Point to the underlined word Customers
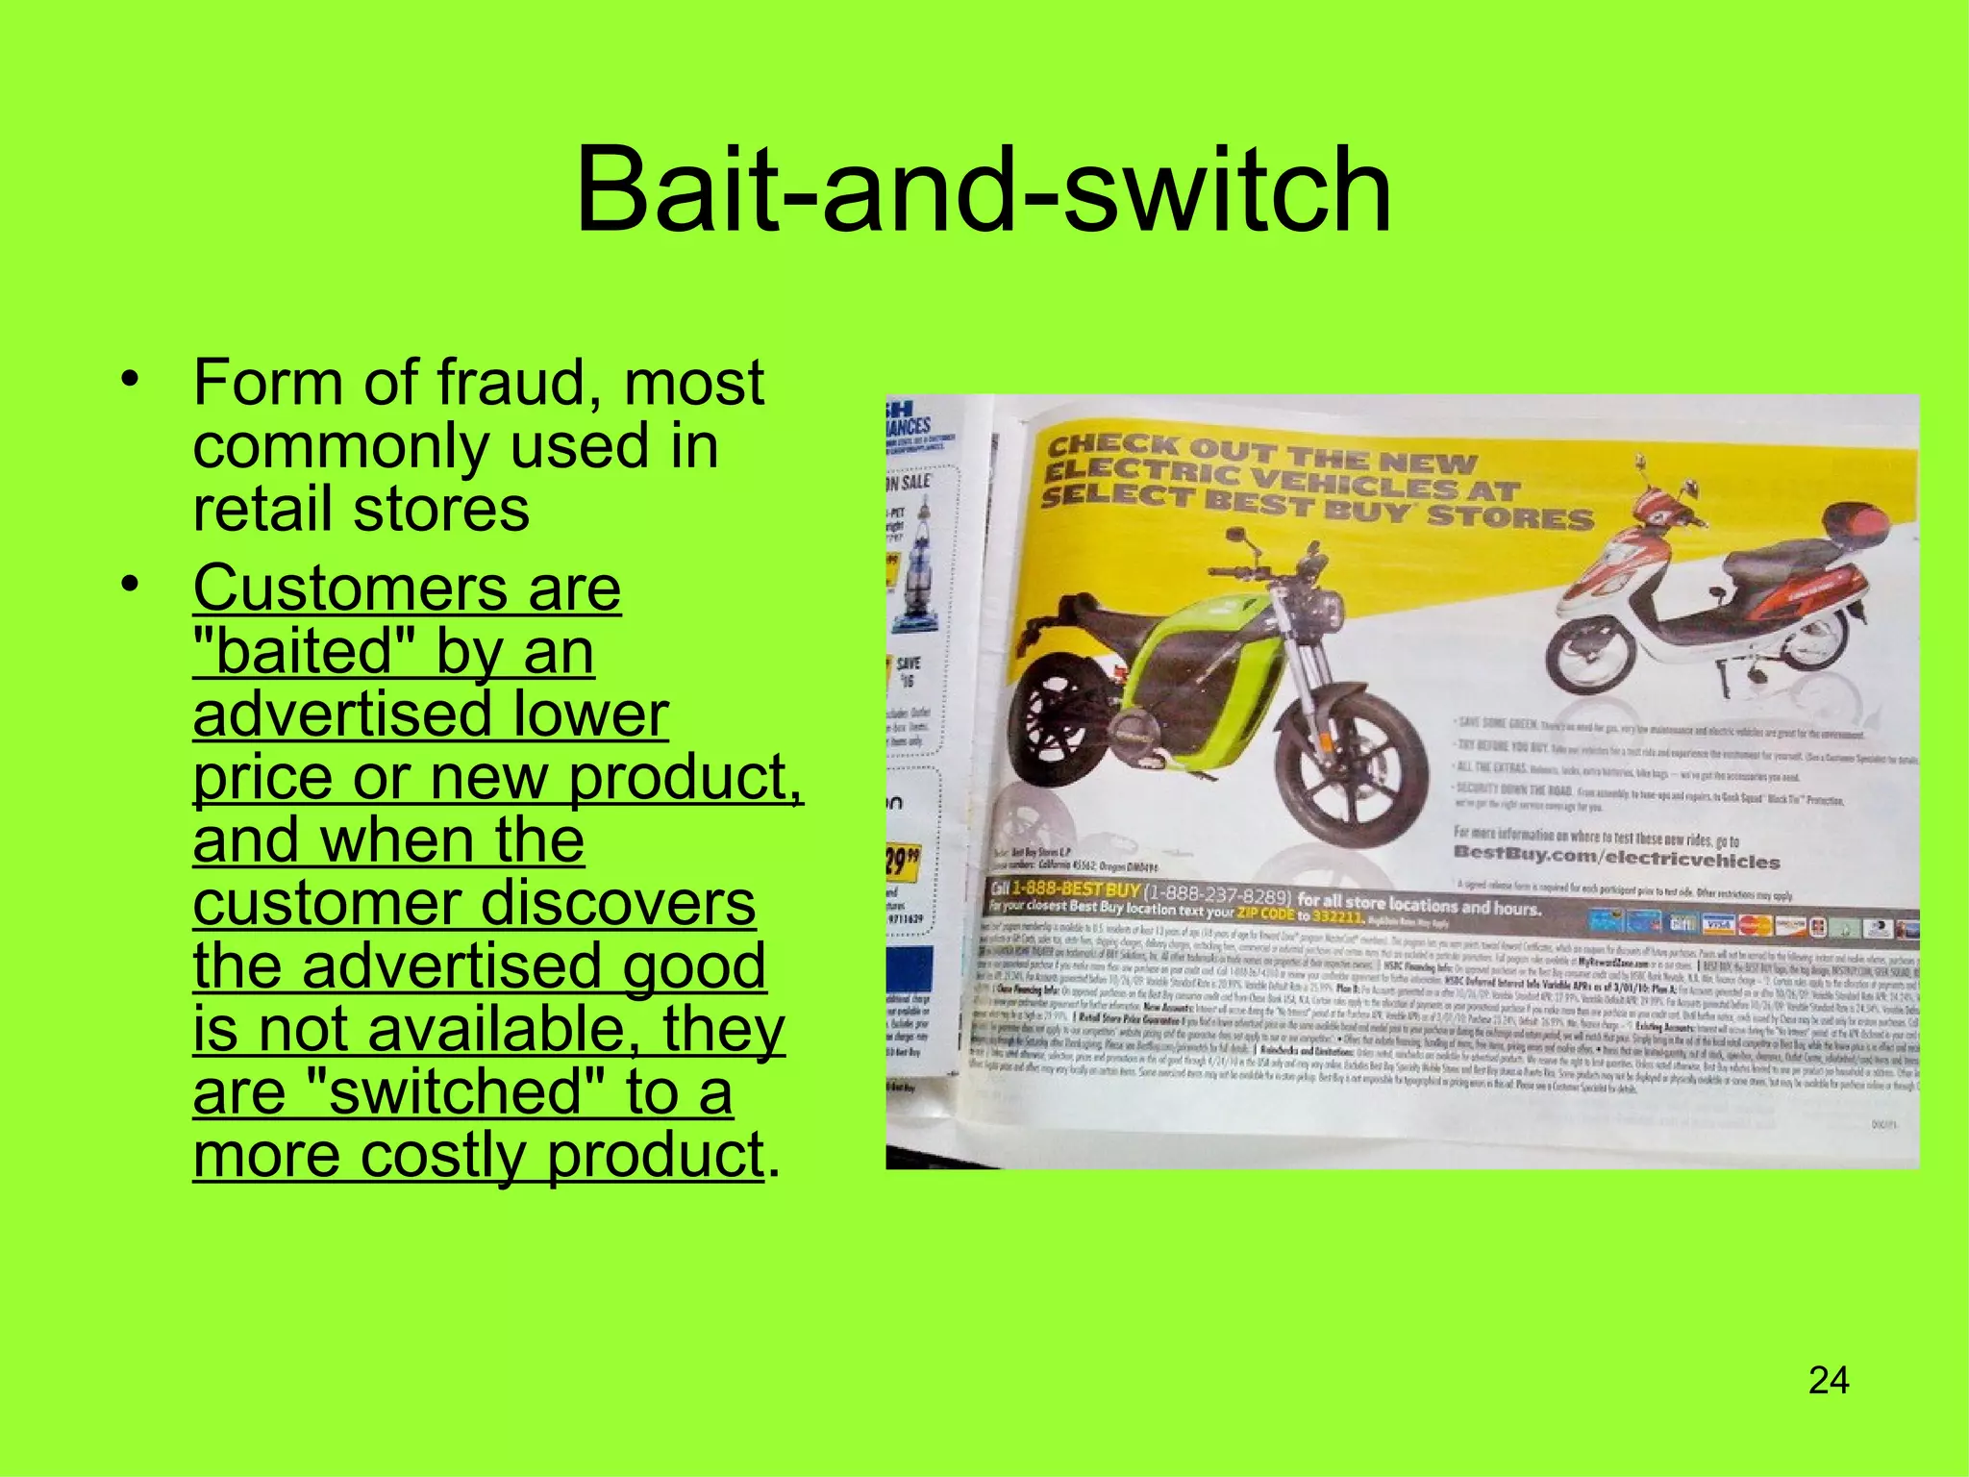[350, 588]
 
